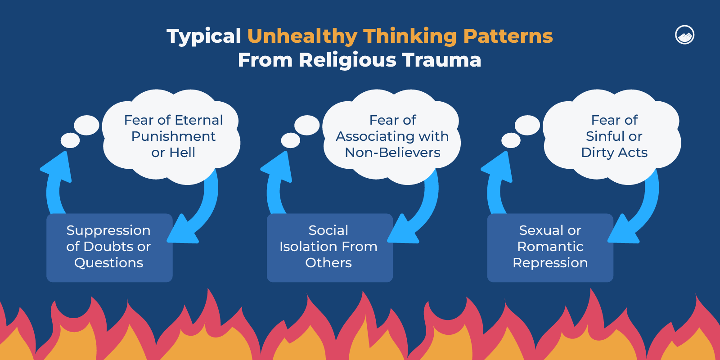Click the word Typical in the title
[x=204, y=36]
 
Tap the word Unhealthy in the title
[x=302, y=36]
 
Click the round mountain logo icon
[x=684, y=35]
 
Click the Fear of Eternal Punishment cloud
[x=173, y=136]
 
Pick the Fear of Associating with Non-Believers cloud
[x=392, y=136]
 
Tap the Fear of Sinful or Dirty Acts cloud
[x=614, y=136]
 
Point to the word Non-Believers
[x=392, y=153]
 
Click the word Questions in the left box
[x=109, y=263]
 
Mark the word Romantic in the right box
[x=550, y=247]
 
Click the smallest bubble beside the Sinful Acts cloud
[x=511, y=140]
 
